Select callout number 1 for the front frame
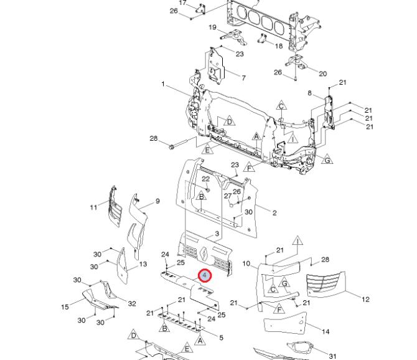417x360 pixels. (x=163, y=84)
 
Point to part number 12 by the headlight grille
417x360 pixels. (x=365, y=300)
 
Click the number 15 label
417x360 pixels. (x=65, y=306)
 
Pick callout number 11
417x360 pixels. (x=93, y=207)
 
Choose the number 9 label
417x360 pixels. (x=157, y=201)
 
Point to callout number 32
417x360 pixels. (x=132, y=303)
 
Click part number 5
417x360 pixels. (x=221, y=338)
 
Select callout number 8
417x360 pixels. (x=309, y=93)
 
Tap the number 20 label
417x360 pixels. (x=322, y=73)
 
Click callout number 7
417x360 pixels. (x=243, y=78)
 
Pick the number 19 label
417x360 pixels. (x=212, y=27)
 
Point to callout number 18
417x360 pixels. (x=278, y=46)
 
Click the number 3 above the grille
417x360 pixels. (x=217, y=234)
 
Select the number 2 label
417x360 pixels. (x=274, y=213)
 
